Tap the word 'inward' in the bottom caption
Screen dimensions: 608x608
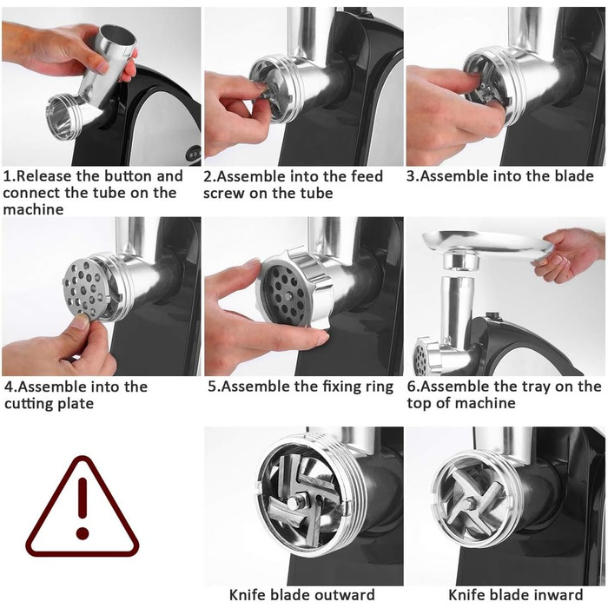tap(558, 595)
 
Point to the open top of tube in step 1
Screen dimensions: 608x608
tap(117, 35)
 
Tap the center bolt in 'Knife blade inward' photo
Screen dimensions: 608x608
tap(468, 503)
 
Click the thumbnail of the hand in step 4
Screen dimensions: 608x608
tap(82, 321)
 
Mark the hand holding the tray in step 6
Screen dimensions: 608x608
tap(565, 254)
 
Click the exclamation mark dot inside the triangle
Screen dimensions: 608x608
tap(83, 532)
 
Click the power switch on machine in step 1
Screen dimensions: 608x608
tap(193, 153)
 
